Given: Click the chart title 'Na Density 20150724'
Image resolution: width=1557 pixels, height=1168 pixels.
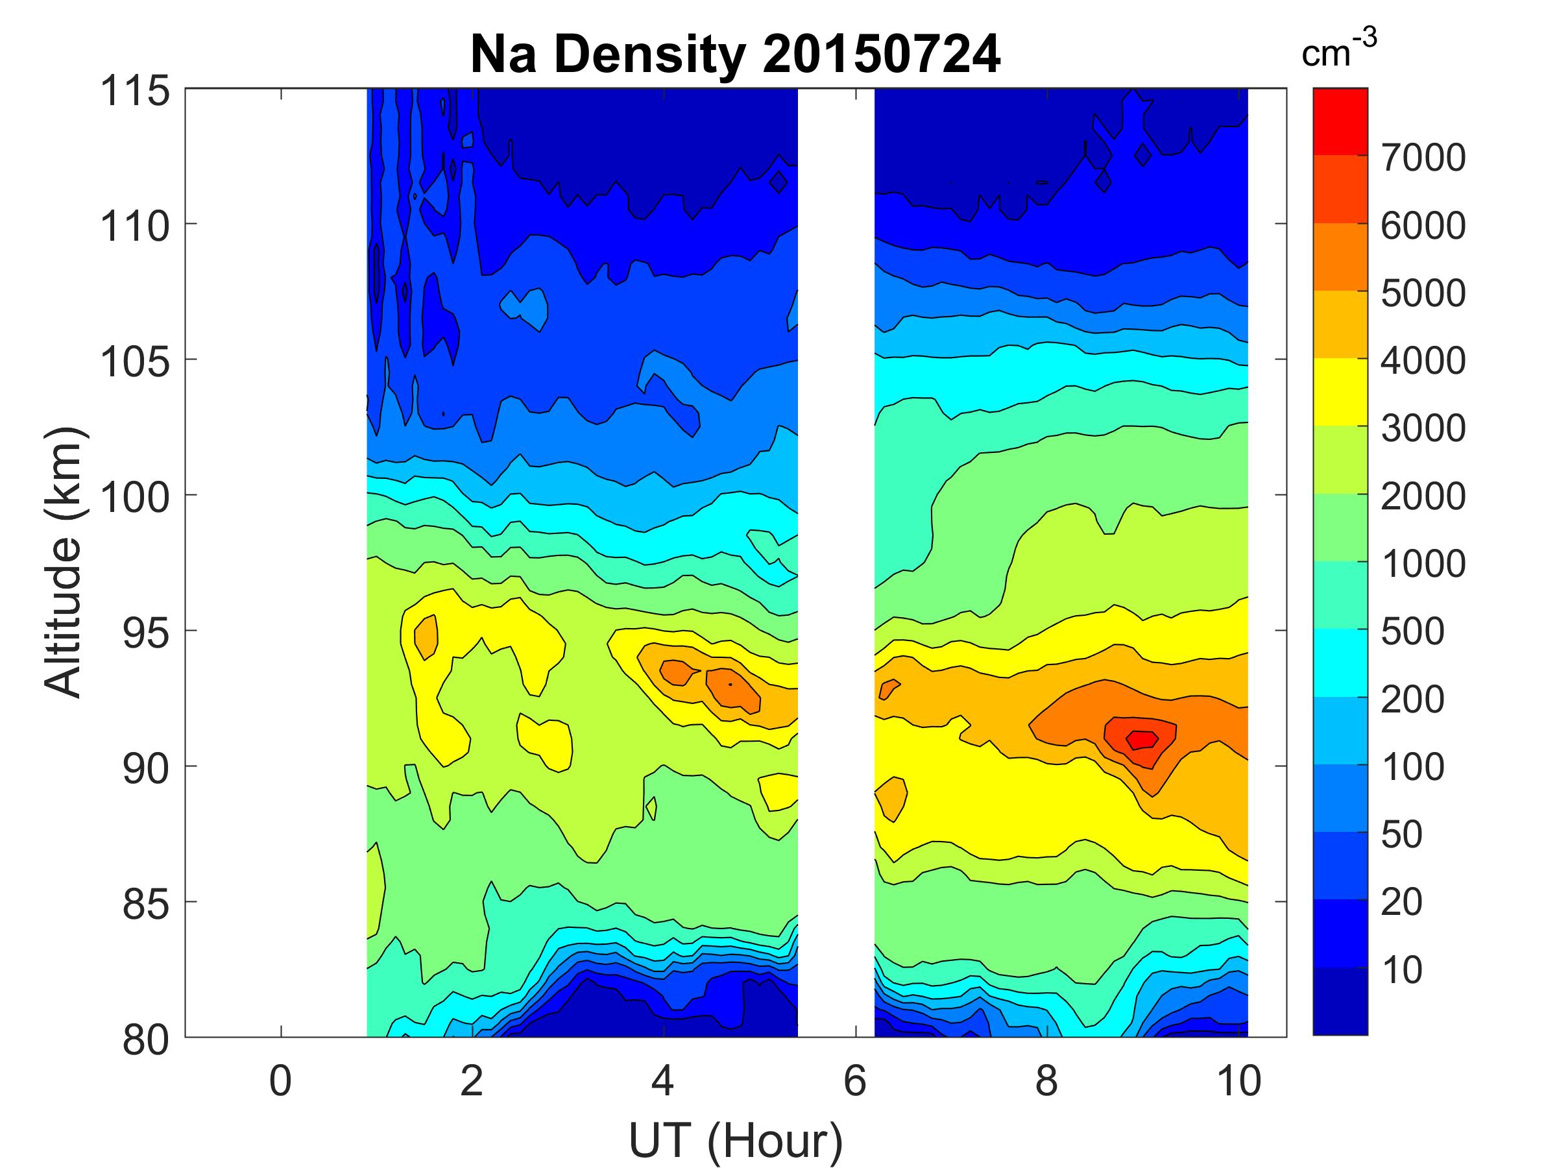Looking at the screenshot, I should tap(735, 55).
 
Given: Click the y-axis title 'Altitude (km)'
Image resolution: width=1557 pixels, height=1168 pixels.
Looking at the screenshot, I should tap(64, 562).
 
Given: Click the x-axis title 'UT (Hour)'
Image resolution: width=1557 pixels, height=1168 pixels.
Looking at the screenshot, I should tap(735, 1141).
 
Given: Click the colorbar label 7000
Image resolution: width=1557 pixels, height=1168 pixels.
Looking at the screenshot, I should tap(1423, 158).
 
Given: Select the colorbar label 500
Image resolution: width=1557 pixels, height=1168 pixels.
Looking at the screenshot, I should tap(1412, 631).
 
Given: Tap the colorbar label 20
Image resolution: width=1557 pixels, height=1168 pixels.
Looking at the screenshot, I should tap(1401, 902).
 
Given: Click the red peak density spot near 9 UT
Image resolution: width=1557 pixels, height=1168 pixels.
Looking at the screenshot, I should tap(1141, 740).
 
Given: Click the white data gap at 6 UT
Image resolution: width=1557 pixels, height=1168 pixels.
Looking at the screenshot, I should tap(836, 563).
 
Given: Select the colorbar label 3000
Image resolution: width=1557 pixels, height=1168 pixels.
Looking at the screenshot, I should tap(1423, 428).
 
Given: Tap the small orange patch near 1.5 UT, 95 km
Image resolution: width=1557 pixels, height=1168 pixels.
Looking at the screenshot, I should tap(426, 637).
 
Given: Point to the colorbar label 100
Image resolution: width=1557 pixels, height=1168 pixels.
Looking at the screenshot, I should tap(1412, 767).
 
